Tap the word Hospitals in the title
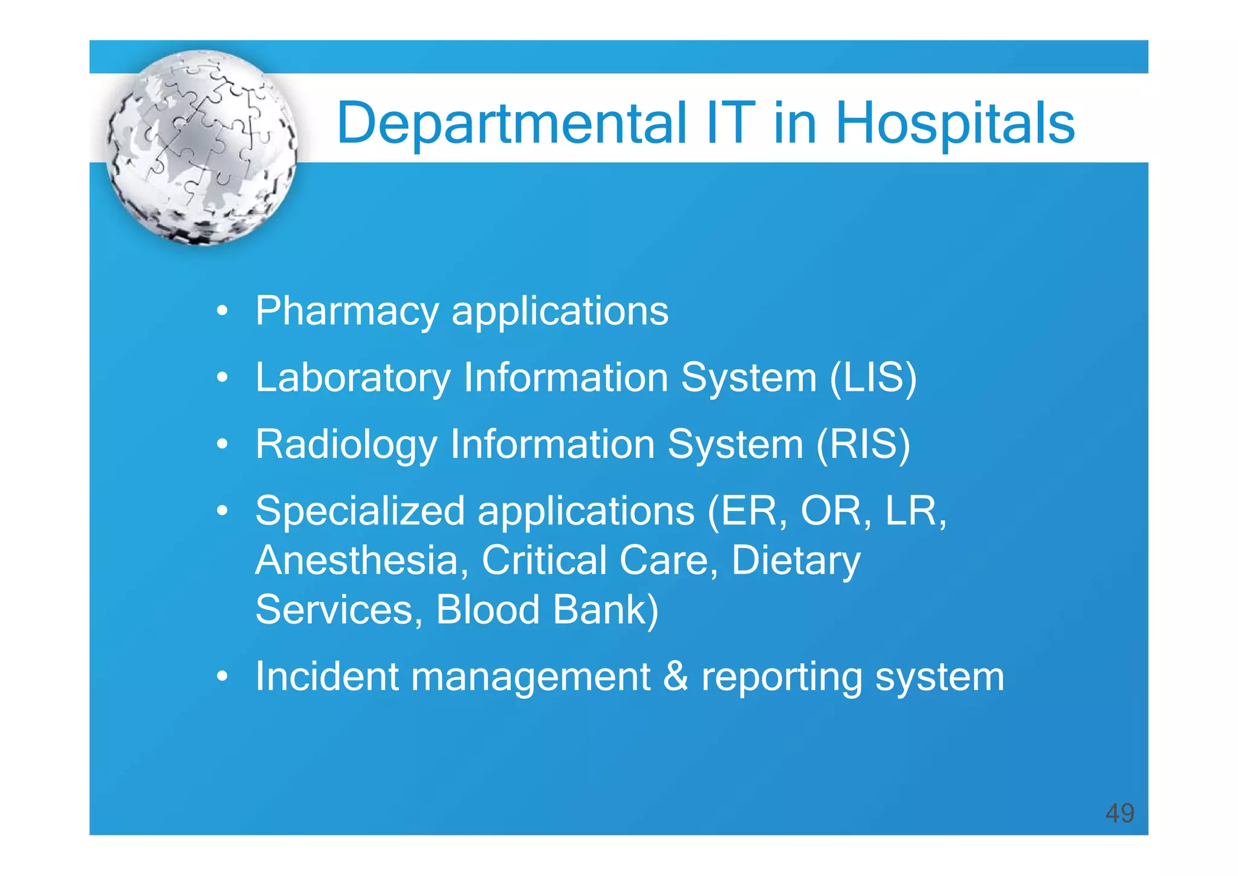point(954,124)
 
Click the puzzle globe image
point(202,148)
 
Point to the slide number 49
point(1120,812)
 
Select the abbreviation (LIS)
point(873,378)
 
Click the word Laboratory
point(353,378)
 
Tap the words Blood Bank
point(547,610)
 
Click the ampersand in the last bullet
point(675,676)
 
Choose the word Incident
point(326,676)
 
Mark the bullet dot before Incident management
point(222,677)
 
